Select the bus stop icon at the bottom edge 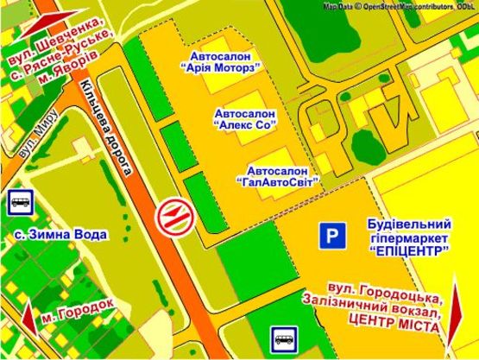284,338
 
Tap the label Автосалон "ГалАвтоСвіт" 277,175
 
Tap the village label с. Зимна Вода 60,234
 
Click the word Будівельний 405,222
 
